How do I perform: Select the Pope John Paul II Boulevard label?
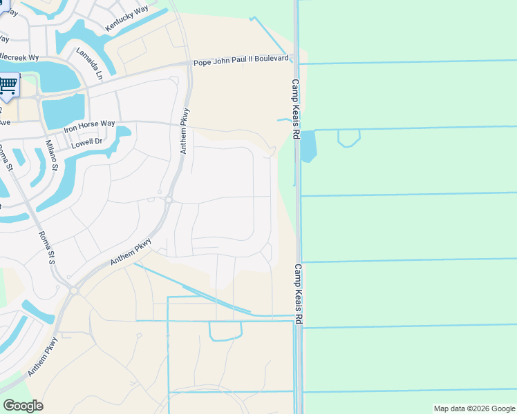pyautogui.click(x=241, y=60)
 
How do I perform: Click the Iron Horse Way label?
pyautogui.click(x=89, y=125)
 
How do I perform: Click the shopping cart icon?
pyautogui.click(x=8, y=85)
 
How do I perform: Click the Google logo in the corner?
pyautogui.click(x=23, y=406)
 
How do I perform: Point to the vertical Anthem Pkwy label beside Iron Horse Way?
pyautogui.click(x=185, y=131)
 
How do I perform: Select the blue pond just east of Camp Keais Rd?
pyautogui.click(x=308, y=146)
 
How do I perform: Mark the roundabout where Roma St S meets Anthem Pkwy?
pyautogui.click(x=73, y=291)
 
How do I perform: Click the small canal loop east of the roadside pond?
pyautogui.click(x=348, y=139)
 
